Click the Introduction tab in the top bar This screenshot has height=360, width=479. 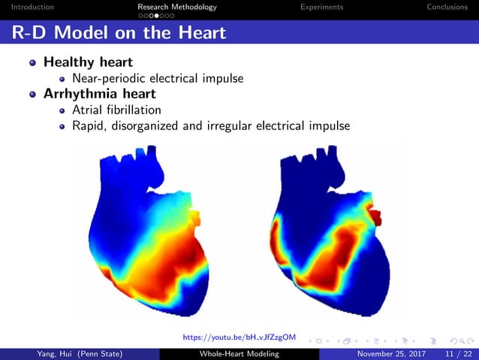pyautogui.click(x=27, y=7)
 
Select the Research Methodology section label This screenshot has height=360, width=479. pyautogui.click(x=177, y=7)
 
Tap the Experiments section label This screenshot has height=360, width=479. pyautogui.click(x=321, y=7)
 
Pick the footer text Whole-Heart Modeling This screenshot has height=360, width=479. pyautogui.click(x=239, y=353)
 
